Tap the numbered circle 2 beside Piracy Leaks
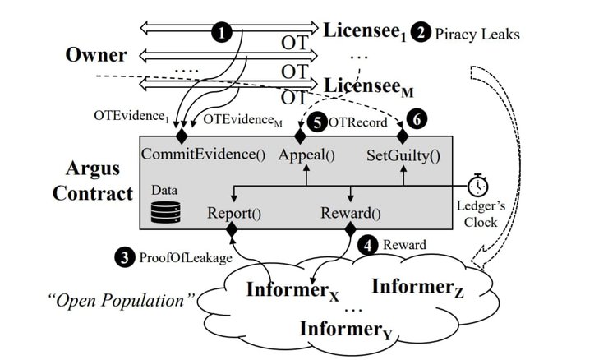pos(421,34)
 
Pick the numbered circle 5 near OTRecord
pos(317,121)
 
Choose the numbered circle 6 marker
pos(417,120)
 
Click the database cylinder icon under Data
pos(160,213)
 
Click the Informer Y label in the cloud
pos(340,330)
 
